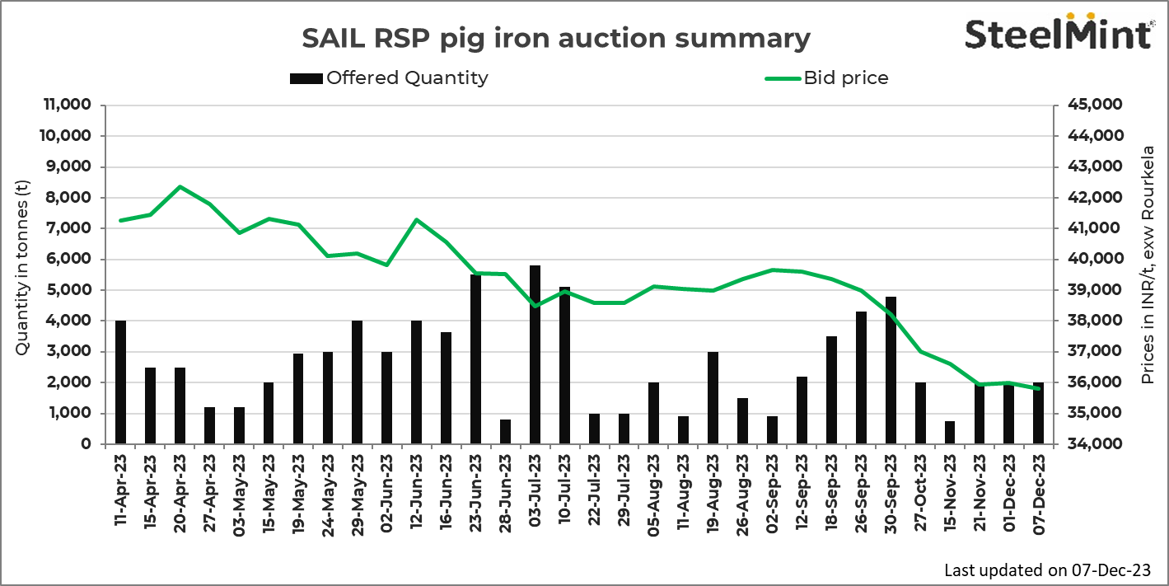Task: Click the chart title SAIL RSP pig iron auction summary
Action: pos(556,38)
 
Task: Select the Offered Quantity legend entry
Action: pos(389,78)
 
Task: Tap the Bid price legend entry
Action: pos(826,78)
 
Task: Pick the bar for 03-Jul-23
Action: pos(535,354)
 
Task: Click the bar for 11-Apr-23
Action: pos(121,382)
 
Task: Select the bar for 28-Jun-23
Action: pos(506,432)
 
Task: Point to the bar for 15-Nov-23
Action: pos(950,433)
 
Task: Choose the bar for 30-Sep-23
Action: pos(891,370)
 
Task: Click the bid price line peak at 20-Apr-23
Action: pos(180,187)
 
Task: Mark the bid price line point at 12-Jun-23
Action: pos(417,220)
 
